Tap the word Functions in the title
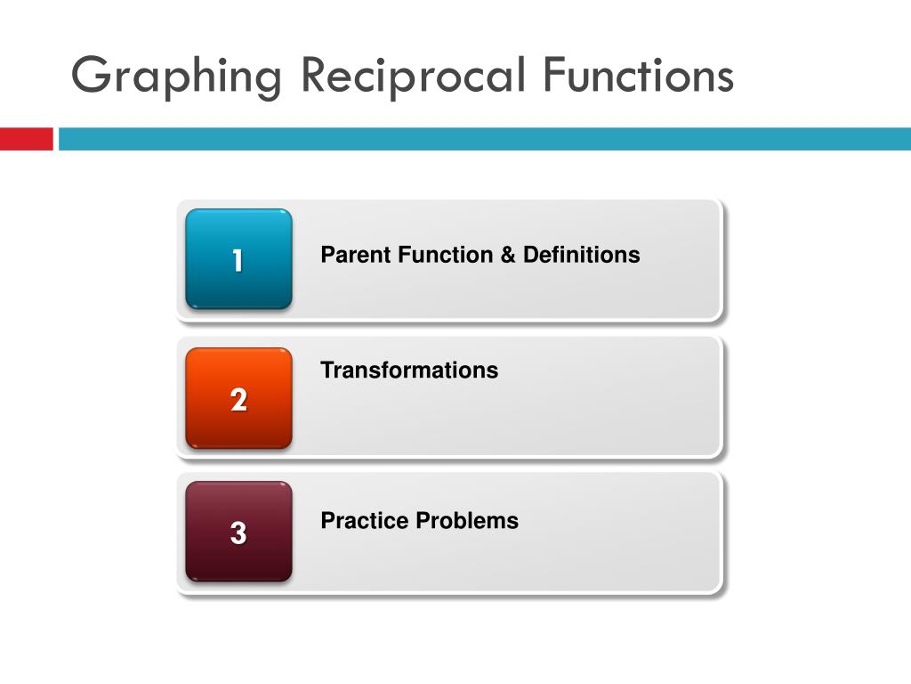point(639,75)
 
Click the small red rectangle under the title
point(26,139)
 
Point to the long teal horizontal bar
point(485,139)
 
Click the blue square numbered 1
point(238,259)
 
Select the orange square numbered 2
point(238,398)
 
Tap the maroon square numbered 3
point(238,532)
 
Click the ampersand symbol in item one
point(508,255)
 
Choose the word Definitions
point(582,255)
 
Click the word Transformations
point(409,370)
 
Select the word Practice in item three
point(364,520)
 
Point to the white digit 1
point(238,260)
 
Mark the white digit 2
point(238,400)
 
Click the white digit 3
point(238,533)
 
